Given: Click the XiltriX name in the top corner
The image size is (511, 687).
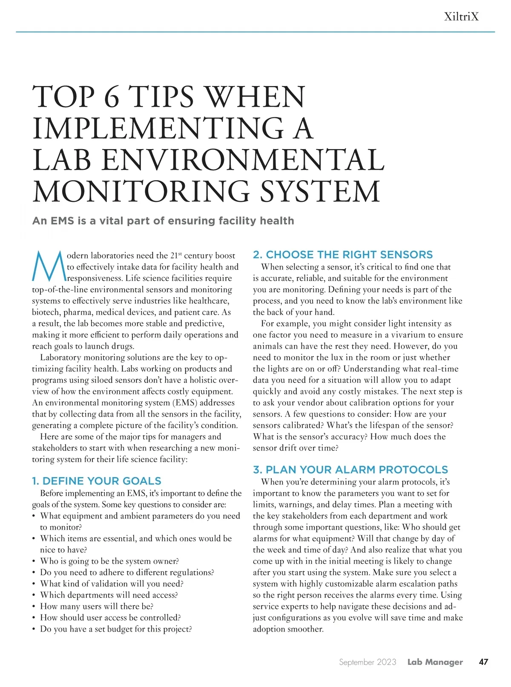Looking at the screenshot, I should tap(461, 17).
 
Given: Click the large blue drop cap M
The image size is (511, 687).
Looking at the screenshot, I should tap(49, 267).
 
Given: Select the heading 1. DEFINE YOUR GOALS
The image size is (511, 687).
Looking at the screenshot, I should tap(97, 481).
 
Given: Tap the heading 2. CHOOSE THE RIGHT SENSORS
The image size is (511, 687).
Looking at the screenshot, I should tap(343, 255).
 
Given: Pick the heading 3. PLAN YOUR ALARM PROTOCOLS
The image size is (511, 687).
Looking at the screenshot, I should tap(350, 469).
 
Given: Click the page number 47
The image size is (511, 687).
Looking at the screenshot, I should tap(483, 662).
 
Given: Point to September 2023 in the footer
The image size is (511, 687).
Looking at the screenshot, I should tap(367, 662).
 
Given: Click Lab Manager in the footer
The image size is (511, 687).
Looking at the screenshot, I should tap(435, 662).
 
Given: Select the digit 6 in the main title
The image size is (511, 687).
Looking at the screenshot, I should tap(112, 97).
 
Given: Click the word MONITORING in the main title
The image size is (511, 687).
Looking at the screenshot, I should tap(141, 191).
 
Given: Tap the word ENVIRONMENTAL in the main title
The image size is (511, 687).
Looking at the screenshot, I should tap(243, 160).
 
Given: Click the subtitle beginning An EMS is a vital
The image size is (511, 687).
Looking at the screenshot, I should tap(163, 221).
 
